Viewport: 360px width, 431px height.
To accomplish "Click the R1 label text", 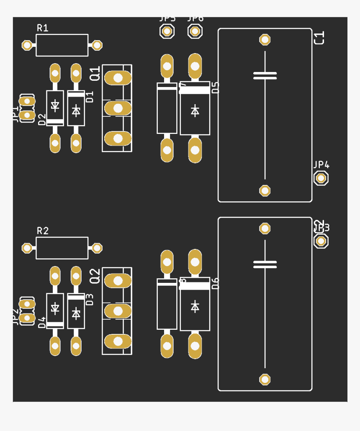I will pos(43,28).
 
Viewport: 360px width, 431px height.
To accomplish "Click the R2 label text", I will pos(43,231).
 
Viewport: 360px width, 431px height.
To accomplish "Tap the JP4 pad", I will pos(321,178).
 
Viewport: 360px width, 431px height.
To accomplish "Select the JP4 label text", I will pos(321,165).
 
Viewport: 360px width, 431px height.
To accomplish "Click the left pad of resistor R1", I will pos(28,45).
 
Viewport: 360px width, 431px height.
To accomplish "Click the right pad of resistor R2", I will pos(97,248).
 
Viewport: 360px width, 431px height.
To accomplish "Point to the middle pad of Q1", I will pos(118,108).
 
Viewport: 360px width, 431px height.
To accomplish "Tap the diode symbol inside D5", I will pos(195,111).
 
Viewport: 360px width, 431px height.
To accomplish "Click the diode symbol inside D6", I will pos(195,306).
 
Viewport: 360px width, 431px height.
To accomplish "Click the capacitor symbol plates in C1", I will pos(265,75).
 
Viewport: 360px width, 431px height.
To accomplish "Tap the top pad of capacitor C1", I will pos(265,40).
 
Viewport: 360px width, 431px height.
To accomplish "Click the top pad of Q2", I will pos(118,281).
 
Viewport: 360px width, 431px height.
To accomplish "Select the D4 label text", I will pos(42,323).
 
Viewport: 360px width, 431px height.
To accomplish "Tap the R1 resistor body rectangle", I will pos(62,45).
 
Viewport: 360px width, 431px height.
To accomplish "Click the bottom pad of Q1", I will pos(118,138).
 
